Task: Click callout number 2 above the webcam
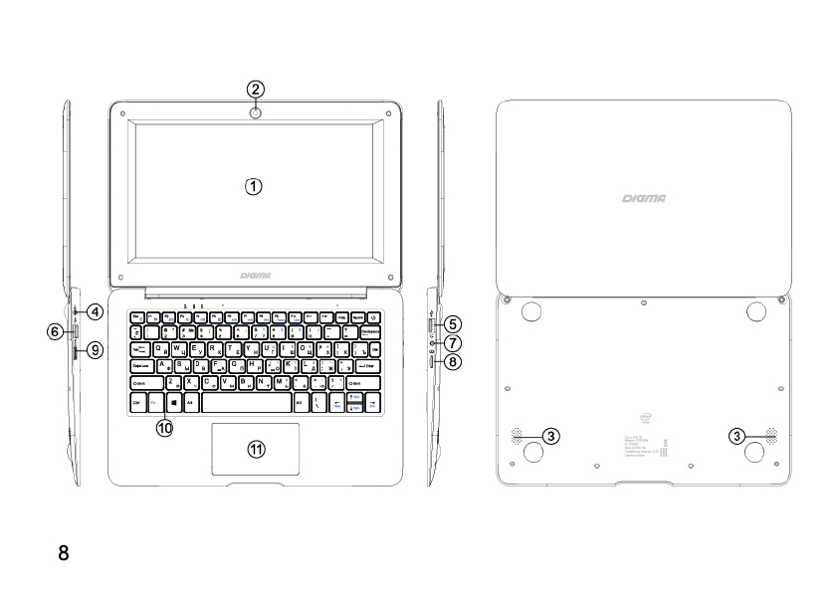pyautogui.click(x=256, y=89)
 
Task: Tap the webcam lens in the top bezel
pyautogui.click(x=256, y=113)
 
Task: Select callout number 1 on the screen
pyautogui.click(x=255, y=186)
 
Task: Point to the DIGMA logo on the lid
pyautogui.click(x=644, y=200)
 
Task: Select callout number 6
pyautogui.click(x=58, y=332)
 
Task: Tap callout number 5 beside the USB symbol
pyautogui.click(x=453, y=323)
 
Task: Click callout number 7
pyautogui.click(x=453, y=343)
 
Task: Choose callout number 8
pyautogui.click(x=453, y=363)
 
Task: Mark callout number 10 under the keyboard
pyautogui.click(x=163, y=428)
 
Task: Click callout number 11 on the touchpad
pyautogui.click(x=256, y=450)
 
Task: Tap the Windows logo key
pyautogui.click(x=173, y=403)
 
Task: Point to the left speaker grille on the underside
pyautogui.click(x=520, y=436)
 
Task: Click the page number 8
pyautogui.click(x=64, y=552)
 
